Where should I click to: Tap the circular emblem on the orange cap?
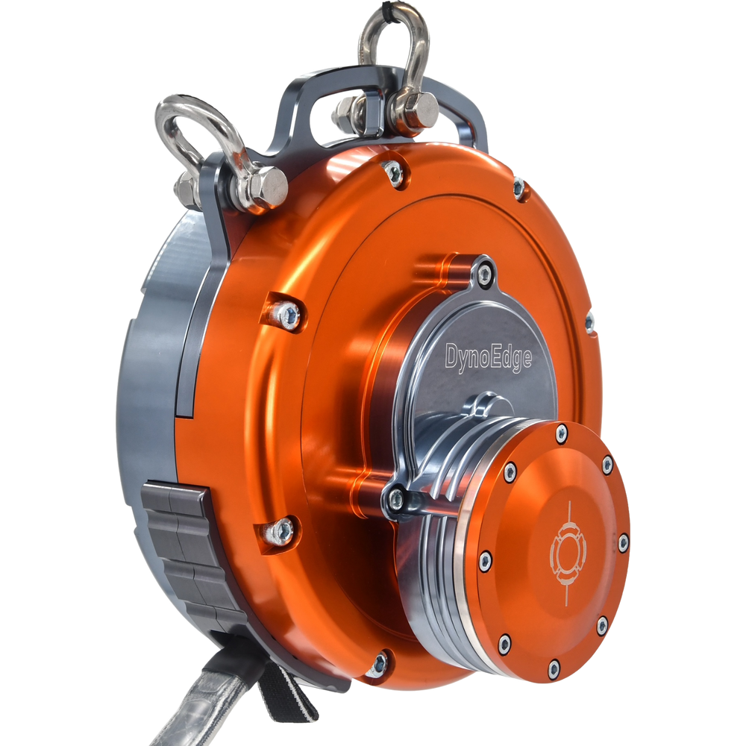point(568,552)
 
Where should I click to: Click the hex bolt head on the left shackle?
point(267,187)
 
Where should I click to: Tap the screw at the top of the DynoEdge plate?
point(484,273)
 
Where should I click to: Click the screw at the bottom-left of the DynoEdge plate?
point(396,498)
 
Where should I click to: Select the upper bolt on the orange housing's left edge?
point(287,315)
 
